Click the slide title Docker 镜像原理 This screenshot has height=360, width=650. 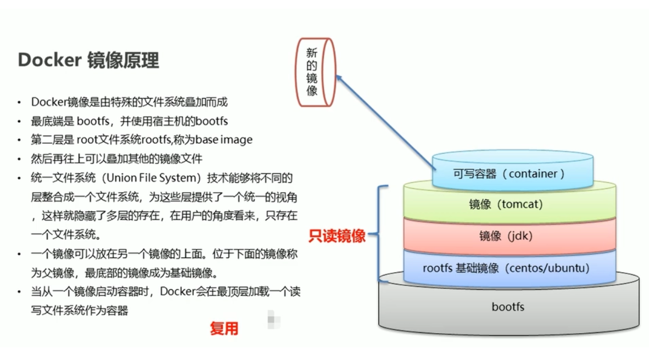tap(88, 60)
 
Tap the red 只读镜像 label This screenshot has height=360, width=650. tap(337, 236)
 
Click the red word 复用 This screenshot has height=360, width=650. tap(225, 329)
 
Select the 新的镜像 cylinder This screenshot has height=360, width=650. tap(316, 72)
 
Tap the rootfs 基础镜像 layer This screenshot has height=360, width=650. tap(509, 268)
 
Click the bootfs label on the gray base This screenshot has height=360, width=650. tap(508, 307)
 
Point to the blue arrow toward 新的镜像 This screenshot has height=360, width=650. tap(385, 122)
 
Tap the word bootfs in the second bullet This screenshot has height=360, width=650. tap(211, 121)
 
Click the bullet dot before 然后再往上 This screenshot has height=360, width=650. tap(19, 159)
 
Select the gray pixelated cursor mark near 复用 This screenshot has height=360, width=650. tap(273, 319)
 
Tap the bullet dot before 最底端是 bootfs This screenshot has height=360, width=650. tap(19, 121)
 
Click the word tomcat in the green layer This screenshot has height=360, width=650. tap(520, 204)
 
